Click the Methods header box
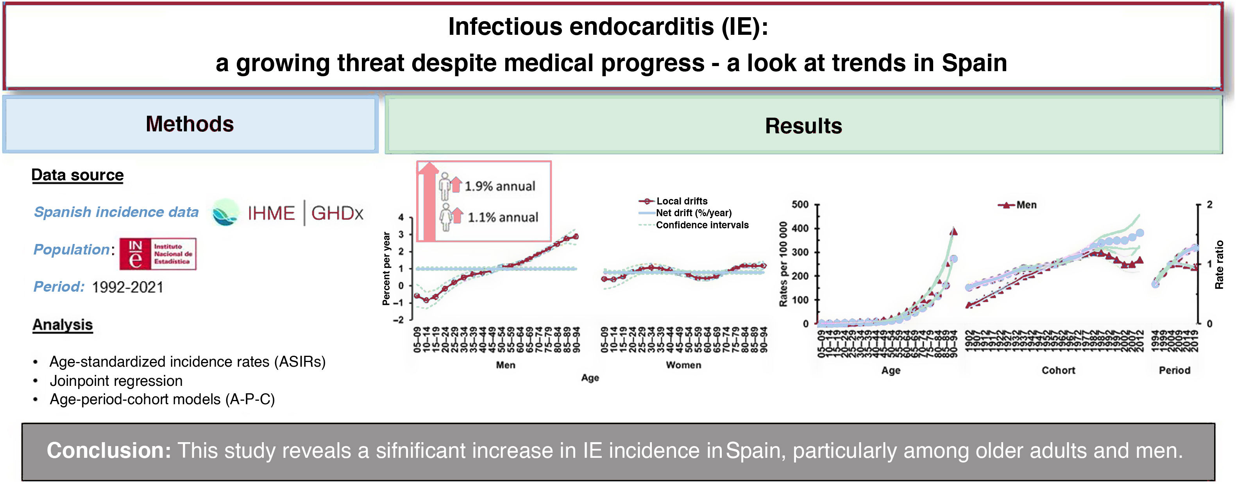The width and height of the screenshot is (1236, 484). [190, 124]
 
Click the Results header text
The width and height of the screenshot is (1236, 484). [803, 126]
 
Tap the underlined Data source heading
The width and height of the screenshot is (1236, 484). [77, 175]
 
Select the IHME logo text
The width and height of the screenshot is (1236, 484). [271, 213]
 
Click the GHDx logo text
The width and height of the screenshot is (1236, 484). [337, 213]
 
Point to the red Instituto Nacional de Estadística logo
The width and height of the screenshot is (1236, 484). [158, 253]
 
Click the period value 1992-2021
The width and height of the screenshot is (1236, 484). [128, 287]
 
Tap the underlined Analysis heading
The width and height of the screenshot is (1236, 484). [63, 324]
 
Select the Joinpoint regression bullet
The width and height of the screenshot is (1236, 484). [116, 381]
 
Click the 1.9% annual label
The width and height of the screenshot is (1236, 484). [499, 186]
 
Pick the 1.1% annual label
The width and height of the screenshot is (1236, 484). [503, 217]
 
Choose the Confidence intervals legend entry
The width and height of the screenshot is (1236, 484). [701, 225]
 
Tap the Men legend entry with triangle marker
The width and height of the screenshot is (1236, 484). [1026, 205]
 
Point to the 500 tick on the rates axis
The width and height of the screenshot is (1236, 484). [800, 204]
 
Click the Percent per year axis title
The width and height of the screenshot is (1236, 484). [386, 269]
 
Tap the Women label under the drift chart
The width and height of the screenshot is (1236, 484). [683, 365]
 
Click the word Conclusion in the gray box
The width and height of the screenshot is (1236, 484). [108, 451]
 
